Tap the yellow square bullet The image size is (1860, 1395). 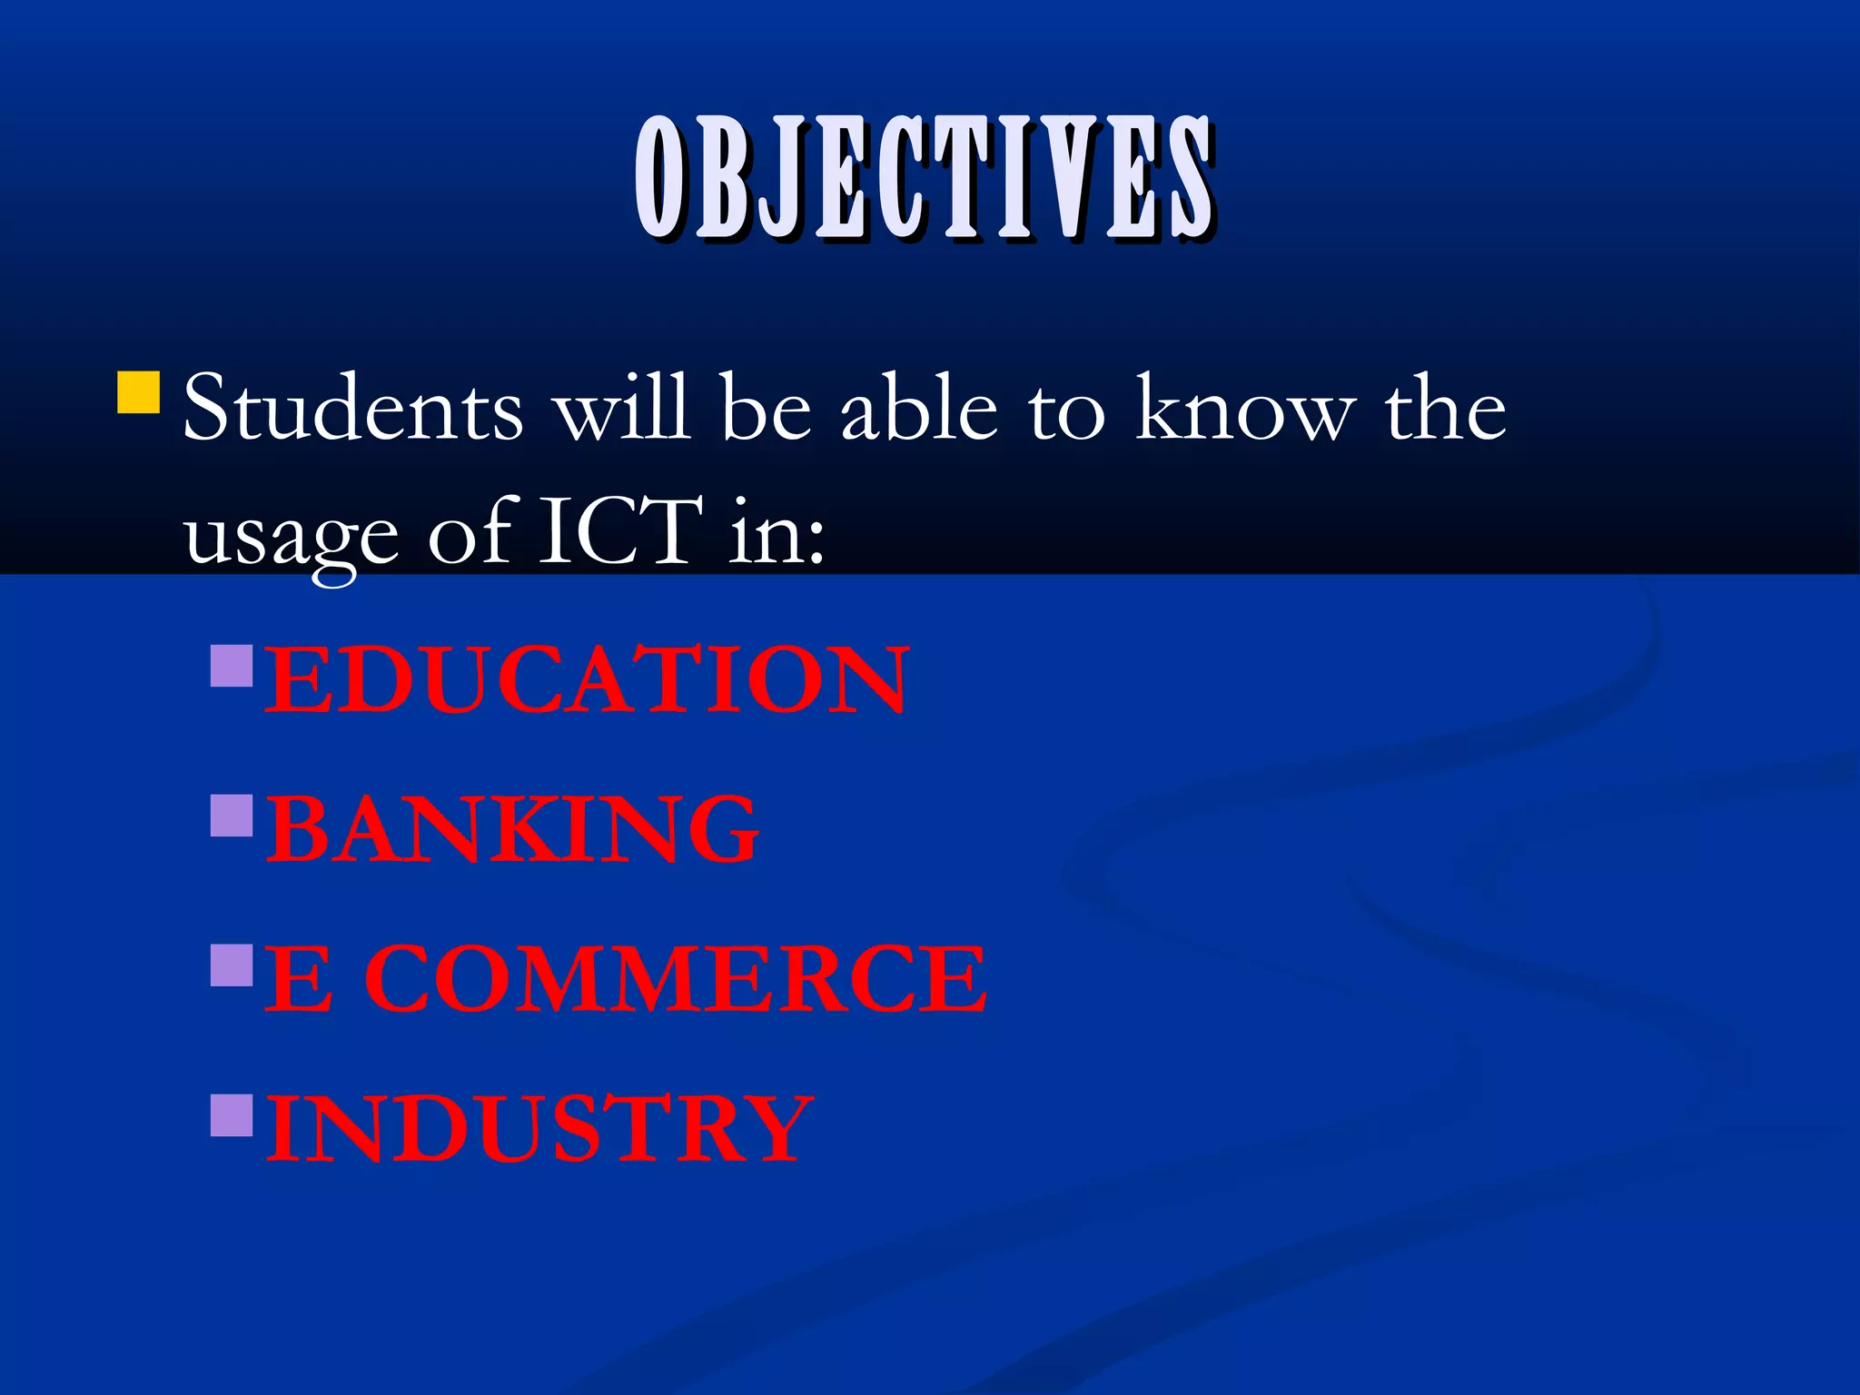pyautogui.click(x=139, y=392)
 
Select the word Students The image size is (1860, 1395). pyautogui.click(x=353, y=409)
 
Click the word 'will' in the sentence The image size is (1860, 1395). pyautogui.click(x=622, y=409)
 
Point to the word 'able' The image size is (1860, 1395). pyautogui.click(x=919, y=409)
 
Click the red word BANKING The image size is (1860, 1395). pyautogui.click(x=512, y=829)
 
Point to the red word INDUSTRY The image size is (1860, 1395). pyautogui.click(x=539, y=1128)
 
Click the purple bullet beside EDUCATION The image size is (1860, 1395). pyautogui.click(x=232, y=665)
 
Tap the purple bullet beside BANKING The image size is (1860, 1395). pyautogui.click(x=232, y=815)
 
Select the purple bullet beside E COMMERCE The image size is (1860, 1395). pyautogui.click(x=232, y=965)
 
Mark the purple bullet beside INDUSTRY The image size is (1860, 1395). pyautogui.click(x=232, y=1114)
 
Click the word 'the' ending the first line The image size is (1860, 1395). pyautogui.click(x=1445, y=409)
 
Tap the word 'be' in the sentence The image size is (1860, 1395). pyautogui.click(x=765, y=409)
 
